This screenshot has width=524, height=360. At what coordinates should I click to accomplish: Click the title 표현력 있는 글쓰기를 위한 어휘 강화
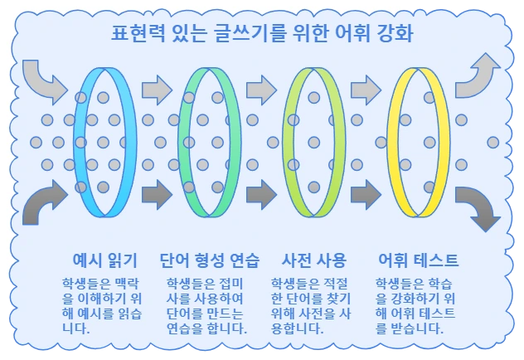(262, 35)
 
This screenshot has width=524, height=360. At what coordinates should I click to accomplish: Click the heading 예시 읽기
(105, 259)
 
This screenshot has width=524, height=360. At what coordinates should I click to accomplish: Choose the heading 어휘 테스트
(417, 259)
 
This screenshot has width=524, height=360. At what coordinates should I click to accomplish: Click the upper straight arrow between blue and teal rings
(156, 86)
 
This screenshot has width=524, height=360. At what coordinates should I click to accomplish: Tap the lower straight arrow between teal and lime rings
(260, 196)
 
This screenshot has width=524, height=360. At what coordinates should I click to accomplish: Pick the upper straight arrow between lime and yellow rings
(365, 86)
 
